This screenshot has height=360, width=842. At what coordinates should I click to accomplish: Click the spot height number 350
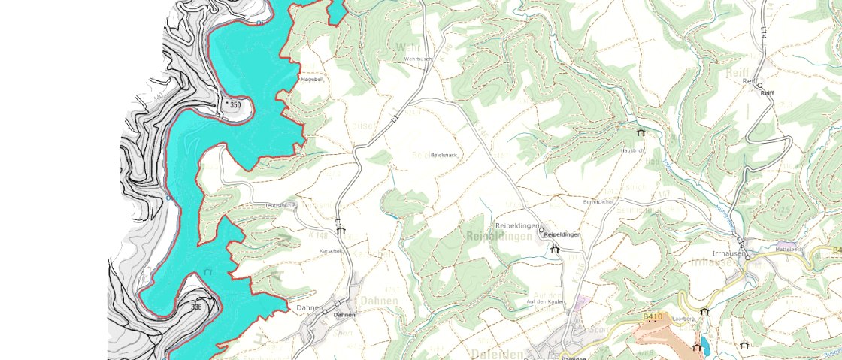point(235,105)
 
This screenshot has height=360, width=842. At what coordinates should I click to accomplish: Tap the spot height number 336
point(197,307)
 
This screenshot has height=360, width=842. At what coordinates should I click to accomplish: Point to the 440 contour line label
point(157,97)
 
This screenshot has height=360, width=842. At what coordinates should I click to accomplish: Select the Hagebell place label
point(311,78)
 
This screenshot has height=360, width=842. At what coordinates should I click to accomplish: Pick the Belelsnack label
point(444,155)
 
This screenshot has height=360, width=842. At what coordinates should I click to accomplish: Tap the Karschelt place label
point(331,250)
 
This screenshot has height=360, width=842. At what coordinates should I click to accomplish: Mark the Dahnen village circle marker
point(326,313)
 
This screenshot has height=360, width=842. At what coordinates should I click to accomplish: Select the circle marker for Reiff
point(759,86)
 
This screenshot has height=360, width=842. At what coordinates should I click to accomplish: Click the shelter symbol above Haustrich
point(641,132)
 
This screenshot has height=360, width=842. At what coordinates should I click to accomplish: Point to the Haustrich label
point(631,150)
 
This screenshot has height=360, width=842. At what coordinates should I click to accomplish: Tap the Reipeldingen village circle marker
point(541,231)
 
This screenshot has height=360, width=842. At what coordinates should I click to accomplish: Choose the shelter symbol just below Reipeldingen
point(555,250)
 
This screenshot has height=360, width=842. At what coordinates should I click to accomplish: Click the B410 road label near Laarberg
point(653,317)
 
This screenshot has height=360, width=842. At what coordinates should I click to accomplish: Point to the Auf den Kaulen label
point(545,301)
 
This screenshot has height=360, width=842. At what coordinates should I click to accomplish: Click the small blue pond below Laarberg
point(705,346)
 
